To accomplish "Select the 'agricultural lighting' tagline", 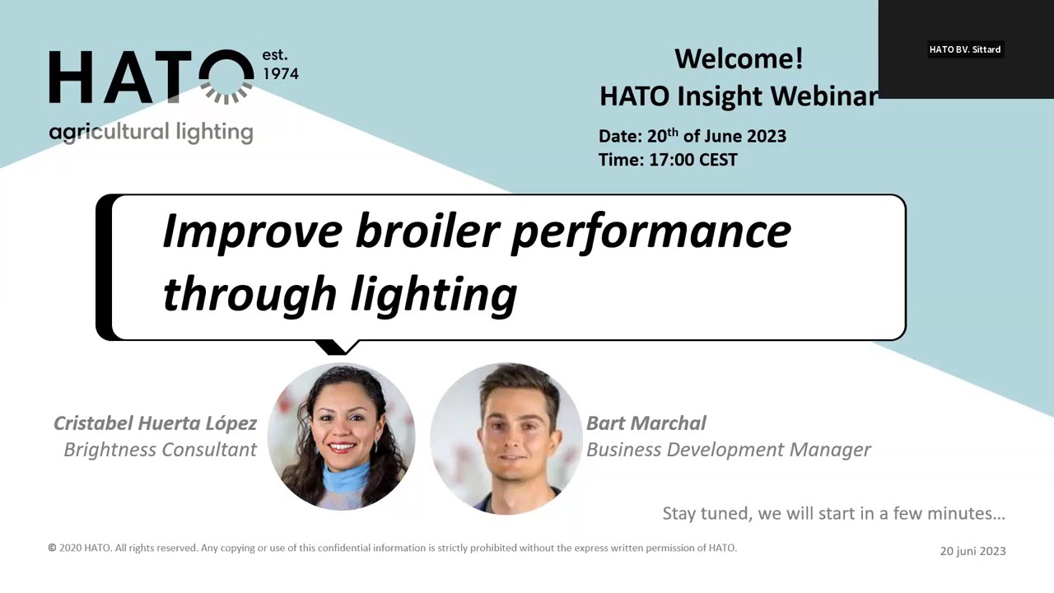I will (151, 133).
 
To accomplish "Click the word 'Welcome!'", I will (739, 59).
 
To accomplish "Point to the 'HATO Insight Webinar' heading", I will (738, 96).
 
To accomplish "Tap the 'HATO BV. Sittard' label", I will (964, 49).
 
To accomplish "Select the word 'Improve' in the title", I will (251, 231).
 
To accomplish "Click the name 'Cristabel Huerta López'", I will (155, 423).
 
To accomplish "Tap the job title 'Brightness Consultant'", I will (160, 450).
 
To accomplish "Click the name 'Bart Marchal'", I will (646, 423).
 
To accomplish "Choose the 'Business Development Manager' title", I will (728, 450).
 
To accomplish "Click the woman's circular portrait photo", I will (341, 437).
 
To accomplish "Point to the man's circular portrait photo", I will (506, 438).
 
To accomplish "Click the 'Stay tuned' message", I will (833, 514).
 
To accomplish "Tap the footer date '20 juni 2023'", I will (972, 551).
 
